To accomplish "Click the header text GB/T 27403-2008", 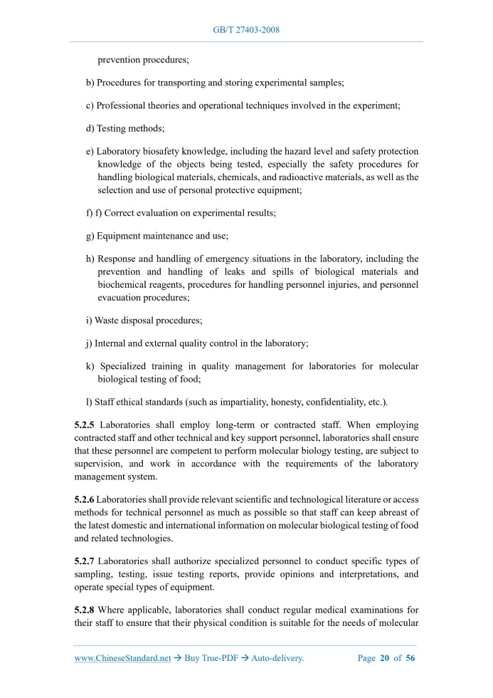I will point(246,30).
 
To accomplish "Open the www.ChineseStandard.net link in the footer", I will point(122,658).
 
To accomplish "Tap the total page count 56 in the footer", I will point(410,658).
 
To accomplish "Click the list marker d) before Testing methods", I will point(90,129).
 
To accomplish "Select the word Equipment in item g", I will point(120,236).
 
